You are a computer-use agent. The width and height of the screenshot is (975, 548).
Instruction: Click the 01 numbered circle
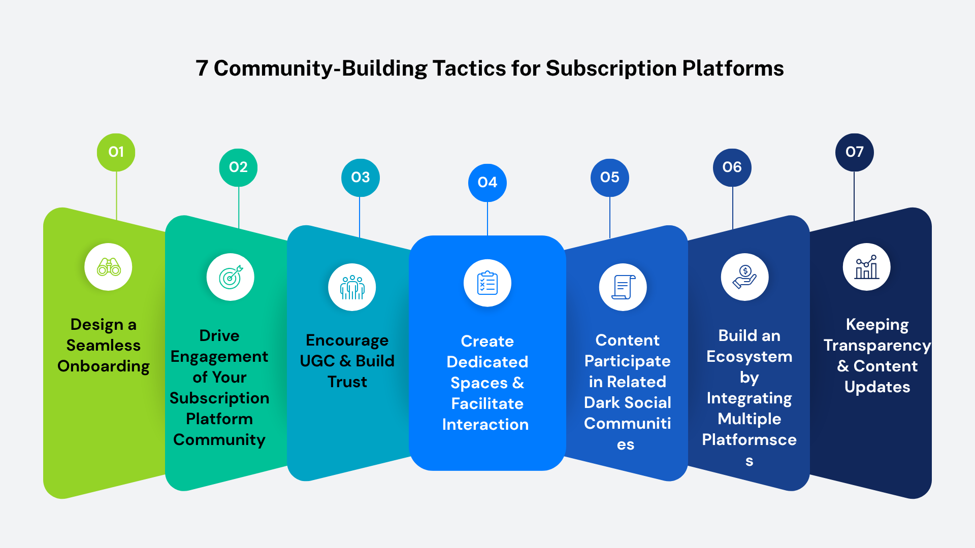coord(116,152)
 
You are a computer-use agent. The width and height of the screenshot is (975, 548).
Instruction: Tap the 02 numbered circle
coord(238,167)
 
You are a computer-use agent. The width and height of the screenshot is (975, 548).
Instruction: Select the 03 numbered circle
coord(361,178)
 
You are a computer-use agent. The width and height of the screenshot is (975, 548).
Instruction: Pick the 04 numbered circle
coord(487,183)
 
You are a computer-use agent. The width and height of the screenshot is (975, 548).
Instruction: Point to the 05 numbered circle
coord(610,178)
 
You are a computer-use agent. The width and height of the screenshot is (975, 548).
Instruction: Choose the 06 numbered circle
coord(732,167)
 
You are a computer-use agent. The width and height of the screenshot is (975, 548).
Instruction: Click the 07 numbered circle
coord(855,152)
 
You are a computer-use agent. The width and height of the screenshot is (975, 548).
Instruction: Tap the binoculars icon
coord(109,267)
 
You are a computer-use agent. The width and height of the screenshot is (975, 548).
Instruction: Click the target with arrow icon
coord(231,277)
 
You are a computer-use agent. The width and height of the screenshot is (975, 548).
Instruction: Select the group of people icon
coord(352,287)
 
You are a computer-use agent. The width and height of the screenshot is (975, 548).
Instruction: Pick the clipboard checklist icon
coord(487,283)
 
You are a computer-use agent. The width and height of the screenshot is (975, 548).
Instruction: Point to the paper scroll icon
coord(623,287)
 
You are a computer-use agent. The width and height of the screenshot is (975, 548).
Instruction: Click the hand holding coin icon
coord(745,277)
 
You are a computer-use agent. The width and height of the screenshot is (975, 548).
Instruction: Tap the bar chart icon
coord(867,267)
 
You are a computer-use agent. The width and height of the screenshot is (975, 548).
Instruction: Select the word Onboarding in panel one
coord(104,366)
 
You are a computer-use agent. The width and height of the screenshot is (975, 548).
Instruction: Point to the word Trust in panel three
coord(347,382)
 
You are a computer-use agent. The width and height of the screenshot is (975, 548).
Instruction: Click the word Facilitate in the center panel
coord(487,404)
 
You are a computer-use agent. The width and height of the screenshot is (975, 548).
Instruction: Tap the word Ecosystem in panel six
coord(750,357)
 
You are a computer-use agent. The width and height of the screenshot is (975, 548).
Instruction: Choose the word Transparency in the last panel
coord(877,346)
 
